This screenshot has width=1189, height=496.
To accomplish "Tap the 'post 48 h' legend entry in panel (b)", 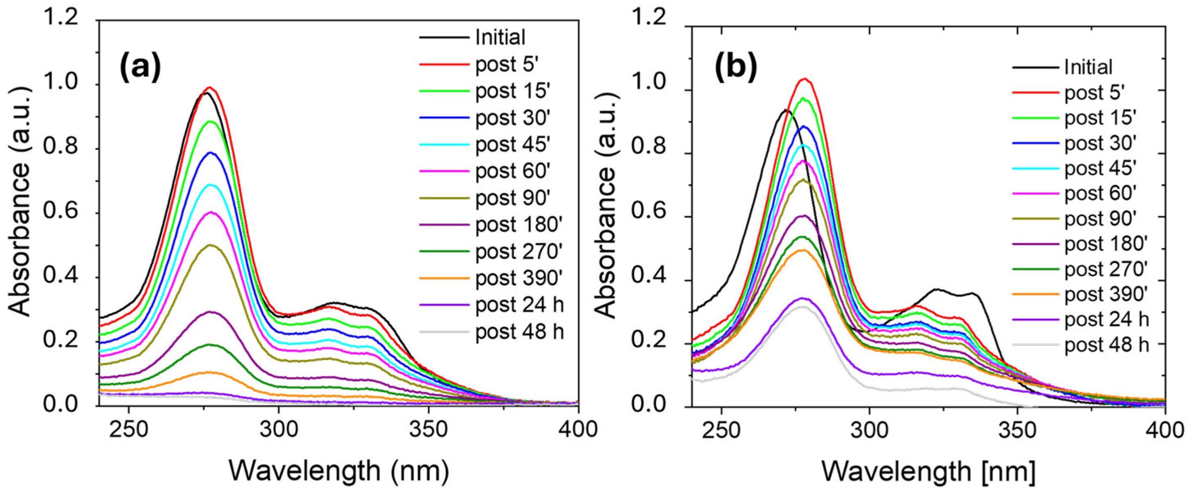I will click(1107, 344).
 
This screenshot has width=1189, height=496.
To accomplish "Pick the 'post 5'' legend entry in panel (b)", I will click(1093, 93).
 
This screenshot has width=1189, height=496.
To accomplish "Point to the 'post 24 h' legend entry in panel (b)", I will click(1107, 319).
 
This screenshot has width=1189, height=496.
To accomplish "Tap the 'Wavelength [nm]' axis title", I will click(928, 471).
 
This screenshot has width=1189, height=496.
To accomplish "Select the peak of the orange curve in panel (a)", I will click(210, 372).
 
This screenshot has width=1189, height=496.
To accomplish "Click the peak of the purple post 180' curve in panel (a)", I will click(210, 312).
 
